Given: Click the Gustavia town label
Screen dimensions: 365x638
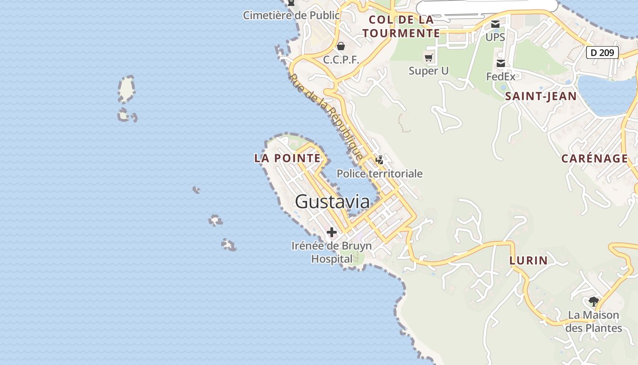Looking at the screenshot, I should [x=332, y=202].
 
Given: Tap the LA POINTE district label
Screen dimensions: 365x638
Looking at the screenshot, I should [x=288, y=158].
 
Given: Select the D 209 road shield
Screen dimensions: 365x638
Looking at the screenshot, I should [x=602, y=52].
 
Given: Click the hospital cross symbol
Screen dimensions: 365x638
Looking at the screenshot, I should [x=332, y=232].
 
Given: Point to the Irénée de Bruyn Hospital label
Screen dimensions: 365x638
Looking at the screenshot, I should [x=332, y=252].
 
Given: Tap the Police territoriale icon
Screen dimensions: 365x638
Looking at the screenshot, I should [x=379, y=160].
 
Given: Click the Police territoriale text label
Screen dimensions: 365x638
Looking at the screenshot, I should [x=380, y=174].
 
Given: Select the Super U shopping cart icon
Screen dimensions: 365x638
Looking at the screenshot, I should [x=428, y=57].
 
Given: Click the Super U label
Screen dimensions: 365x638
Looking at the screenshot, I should [x=428, y=71].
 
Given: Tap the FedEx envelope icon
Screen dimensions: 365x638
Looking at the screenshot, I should [x=501, y=63].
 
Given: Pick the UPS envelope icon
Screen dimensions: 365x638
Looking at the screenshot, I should [x=495, y=24].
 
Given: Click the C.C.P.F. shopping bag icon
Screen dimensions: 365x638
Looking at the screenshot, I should [x=341, y=46].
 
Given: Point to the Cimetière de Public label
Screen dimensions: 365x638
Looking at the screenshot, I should [x=291, y=16].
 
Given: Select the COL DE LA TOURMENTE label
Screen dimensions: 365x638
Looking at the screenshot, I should [x=401, y=26].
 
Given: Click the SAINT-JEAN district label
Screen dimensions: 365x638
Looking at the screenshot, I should [x=541, y=96].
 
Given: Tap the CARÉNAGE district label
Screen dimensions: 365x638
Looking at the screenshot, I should [x=595, y=159].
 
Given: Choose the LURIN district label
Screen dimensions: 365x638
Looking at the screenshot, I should [x=529, y=261].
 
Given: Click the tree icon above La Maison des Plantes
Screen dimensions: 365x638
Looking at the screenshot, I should [x=593, y=301].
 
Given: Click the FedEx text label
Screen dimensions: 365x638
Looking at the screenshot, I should [x=501, y=77].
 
